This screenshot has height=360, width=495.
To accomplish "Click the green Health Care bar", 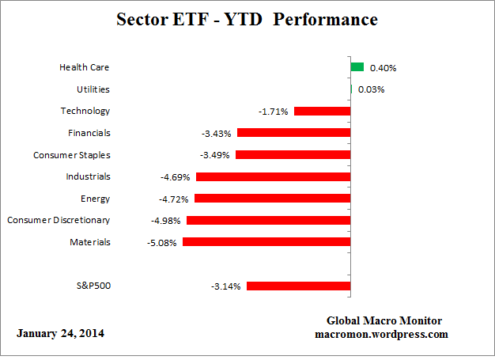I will click(x=357, y=67).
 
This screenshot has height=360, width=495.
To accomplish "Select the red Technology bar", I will click(x=322, y=112).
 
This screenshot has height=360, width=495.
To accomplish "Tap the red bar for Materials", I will click(x=266, y=242).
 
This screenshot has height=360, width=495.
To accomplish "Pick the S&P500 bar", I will click(x=298, y=286).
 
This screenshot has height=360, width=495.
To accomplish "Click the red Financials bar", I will click(x=293, y=133).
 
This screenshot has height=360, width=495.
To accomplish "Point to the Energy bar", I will click(x=273, y=199).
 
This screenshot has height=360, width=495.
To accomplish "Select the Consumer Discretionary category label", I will click(x=59, y=220).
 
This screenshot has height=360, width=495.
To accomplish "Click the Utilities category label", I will click(x=93, y=89).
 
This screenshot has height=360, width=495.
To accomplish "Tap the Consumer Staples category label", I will click(x=71, y=155).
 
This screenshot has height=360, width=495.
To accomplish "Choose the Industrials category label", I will click(x=89, y=176).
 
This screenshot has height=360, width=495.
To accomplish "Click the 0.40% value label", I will click(x=383, y=68).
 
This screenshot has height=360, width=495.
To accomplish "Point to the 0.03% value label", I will click(x=371, y=89).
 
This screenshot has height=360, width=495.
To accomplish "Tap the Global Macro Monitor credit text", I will click(x=384, y=320).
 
